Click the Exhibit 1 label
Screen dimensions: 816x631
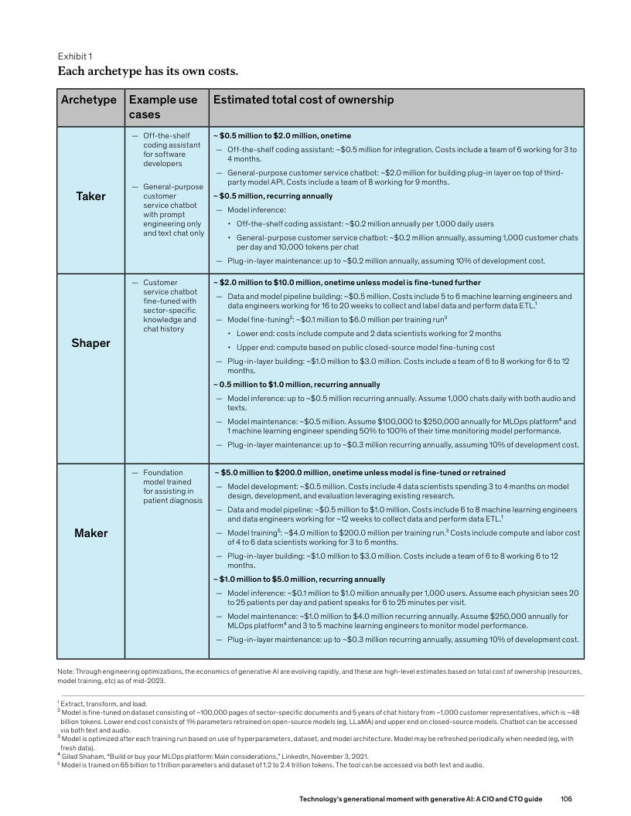(x=75, y=56)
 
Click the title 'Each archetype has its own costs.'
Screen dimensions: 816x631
(x=148, y=72)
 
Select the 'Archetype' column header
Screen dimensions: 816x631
(x=89, y=100)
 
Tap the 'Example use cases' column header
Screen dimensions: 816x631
(x=163, y=107)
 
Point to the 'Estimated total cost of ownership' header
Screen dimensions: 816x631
(x=303, y=100)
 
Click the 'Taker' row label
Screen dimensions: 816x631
(x=90, y=196)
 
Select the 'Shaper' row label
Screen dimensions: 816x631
(x=90, y=343)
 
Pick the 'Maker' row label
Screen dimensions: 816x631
(x=90, y=533)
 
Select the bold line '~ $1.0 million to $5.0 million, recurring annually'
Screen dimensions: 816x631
(x=299, y=579)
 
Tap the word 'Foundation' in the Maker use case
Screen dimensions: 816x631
(x=162, y=472)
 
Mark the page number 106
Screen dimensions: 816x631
(x=566, y=797)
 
